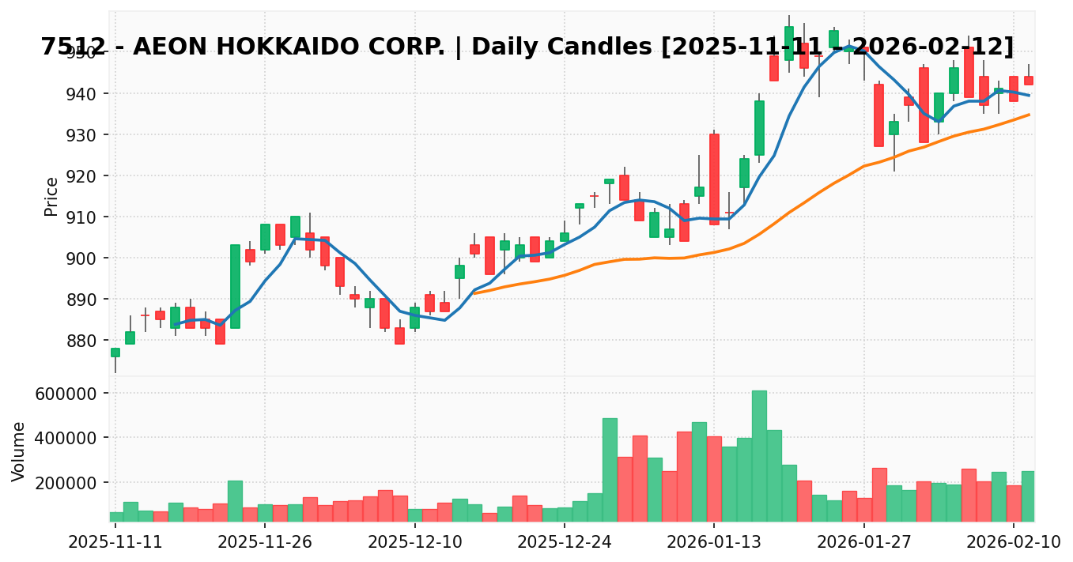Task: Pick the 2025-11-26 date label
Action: pos(265,542)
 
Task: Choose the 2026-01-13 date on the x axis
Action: pos(714,542)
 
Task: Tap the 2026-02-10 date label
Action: pos(1014,542)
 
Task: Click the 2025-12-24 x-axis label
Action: pos(564,542)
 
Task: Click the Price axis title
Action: pos(51,196)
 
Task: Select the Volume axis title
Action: pos(19,451)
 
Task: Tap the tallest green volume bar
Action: pos(759,455)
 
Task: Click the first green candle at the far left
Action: pos(115,353)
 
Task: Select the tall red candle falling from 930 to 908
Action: pos(714,179)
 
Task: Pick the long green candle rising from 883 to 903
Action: pos(235,286)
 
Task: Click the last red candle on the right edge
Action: pos(1029,81)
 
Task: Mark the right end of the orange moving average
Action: pos(1029,115)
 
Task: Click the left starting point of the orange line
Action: pos(474,293)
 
